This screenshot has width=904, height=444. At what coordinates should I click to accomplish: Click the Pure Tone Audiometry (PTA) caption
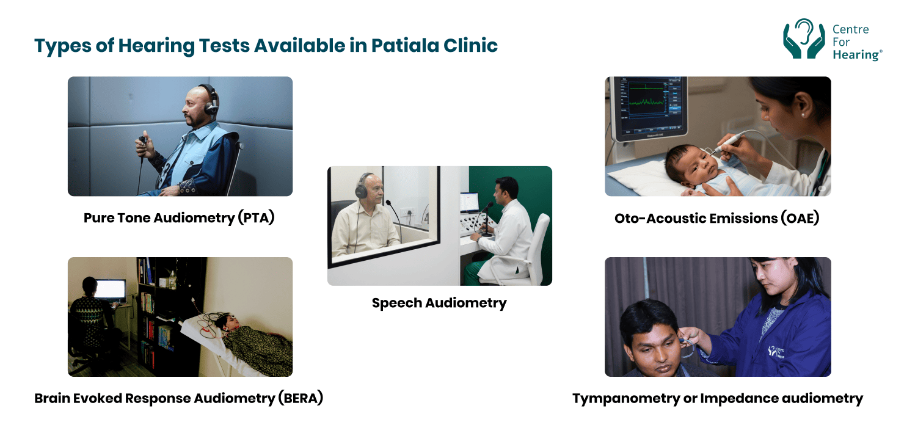click(x=179, y=218)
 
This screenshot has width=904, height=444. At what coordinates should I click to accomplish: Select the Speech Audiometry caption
click(x=439, y=303)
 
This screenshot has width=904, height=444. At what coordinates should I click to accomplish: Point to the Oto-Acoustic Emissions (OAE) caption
click(x=716, y=218)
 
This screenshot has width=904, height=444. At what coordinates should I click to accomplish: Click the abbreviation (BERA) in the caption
click(x=300, y=399)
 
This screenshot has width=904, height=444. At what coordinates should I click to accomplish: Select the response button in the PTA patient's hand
click(x=142, y=142)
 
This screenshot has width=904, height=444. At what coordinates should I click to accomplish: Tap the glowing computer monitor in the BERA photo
click(x=110, y=289)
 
